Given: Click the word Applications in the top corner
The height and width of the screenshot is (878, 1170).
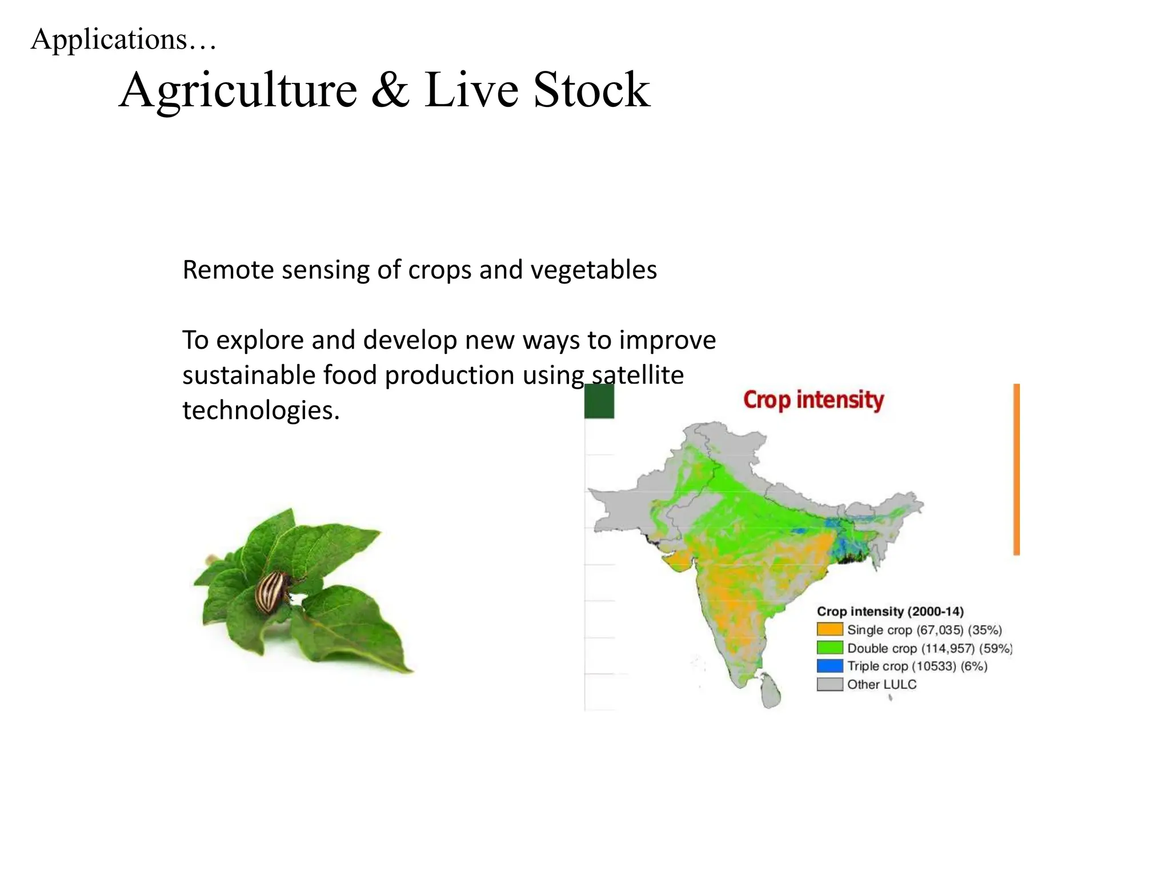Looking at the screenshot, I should (109, 40).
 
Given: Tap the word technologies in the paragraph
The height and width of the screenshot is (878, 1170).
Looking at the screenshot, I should (261, 410).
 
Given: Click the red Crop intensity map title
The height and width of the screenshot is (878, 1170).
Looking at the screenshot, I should (813, 400).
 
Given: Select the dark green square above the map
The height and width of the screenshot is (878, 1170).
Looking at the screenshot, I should (599, 401).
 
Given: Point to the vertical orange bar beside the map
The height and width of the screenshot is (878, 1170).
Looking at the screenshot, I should (1016, 469).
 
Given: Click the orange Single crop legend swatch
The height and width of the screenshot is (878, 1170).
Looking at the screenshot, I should (830, 630).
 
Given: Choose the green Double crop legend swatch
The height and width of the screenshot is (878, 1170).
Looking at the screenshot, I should (830, 648).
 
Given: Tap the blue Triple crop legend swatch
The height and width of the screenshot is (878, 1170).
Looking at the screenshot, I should (830, 666).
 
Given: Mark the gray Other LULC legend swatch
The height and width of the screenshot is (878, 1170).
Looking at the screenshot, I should (830, 684).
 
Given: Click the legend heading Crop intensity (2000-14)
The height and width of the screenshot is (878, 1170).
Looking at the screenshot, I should (889, 612).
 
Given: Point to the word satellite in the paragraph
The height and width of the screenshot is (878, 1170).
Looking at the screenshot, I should (638, 376).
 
